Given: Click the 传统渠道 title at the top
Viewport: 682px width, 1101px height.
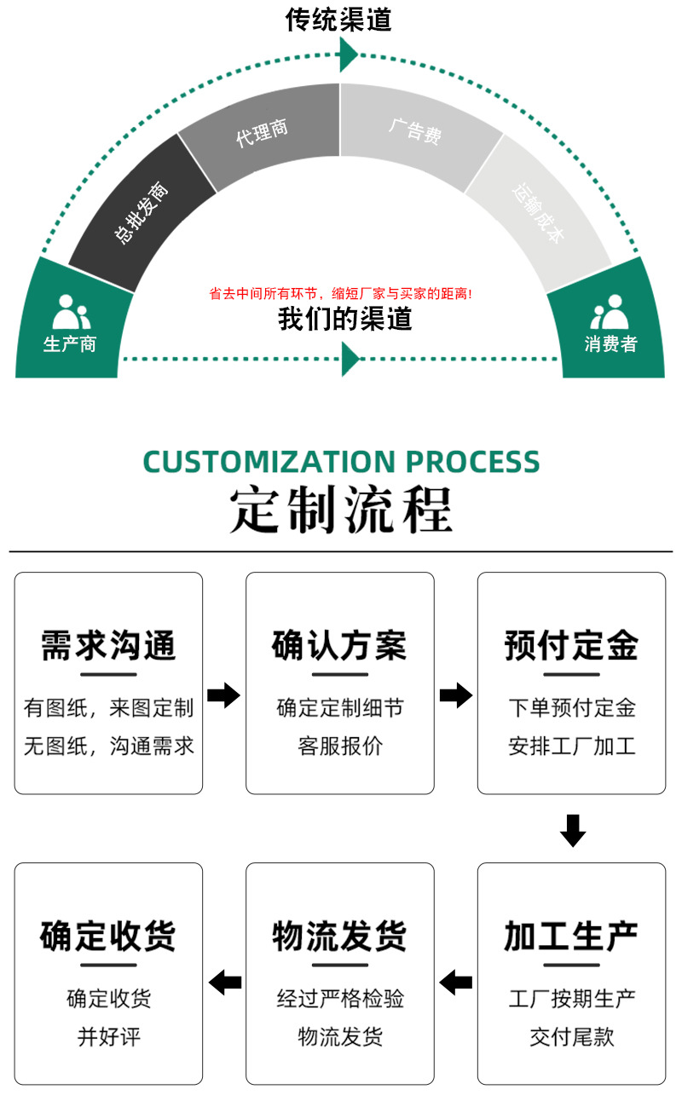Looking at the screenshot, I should (338, 19).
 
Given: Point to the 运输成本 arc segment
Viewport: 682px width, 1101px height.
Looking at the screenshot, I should (538, 212).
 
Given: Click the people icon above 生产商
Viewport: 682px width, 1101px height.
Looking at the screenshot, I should (71, 312).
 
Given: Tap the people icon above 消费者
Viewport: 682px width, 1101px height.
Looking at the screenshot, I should (610, 312).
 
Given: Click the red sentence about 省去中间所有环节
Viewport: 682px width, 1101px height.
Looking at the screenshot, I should (340, 293).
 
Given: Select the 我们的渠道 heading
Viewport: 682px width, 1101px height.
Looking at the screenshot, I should (344, 319).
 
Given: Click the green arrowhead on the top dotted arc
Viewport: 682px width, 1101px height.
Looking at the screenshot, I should (348, 55).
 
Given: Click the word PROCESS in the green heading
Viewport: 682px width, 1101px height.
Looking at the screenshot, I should (472, 461).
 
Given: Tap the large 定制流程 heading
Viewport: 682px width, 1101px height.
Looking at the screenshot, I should (341, 510).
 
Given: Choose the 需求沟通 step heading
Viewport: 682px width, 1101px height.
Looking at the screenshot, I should (108, 645).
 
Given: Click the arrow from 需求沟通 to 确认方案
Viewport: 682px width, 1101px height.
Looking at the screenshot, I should (224, 695).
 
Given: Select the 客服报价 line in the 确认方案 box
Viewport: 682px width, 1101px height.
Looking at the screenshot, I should (340, 746).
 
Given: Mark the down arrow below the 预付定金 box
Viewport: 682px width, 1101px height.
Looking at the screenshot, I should (572, 830).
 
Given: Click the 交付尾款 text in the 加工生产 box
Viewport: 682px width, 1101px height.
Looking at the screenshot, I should (572, 1037).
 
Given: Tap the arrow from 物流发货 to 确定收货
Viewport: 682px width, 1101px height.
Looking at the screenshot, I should (225, 982).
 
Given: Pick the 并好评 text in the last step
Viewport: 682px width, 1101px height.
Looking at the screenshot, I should (109, 1037).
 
